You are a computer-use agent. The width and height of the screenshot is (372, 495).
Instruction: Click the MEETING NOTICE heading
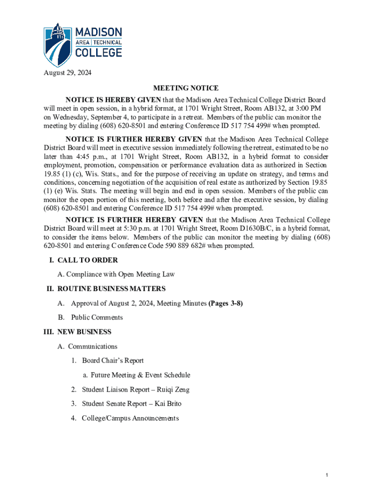pos(186,88)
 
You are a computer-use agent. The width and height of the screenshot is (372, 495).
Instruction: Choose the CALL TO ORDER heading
pos(87,260)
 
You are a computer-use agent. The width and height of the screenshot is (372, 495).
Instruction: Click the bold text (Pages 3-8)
pos(225,303)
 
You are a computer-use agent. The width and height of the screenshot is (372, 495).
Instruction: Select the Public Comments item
pos(97,318)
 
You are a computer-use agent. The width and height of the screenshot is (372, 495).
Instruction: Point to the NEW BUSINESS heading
pos(84,332)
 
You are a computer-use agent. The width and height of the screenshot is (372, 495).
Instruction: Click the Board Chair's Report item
pos(113,361)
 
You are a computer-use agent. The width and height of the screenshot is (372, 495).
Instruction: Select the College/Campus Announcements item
pos(130,418)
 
